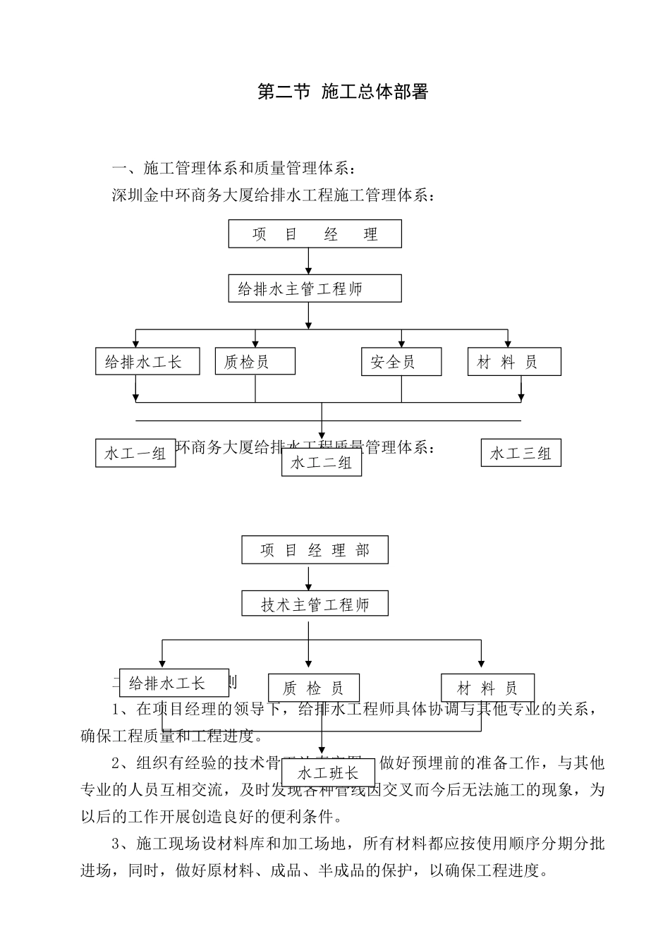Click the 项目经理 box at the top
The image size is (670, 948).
(x=315, y=233)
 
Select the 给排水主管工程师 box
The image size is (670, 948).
(x=315, y=288)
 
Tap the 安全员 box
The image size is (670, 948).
(x=401, y=362)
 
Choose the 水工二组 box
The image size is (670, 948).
(x=322, y=463)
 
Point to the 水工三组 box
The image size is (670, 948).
(x=520, y=453)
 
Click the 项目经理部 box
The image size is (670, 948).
(x=315, y=550)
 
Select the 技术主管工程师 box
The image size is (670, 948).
(x=315, y=604)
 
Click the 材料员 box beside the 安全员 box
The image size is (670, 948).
(x=514, y=362)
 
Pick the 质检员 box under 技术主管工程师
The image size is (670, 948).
(x=314, y=688)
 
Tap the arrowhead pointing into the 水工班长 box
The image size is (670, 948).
(x=322, y=753)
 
